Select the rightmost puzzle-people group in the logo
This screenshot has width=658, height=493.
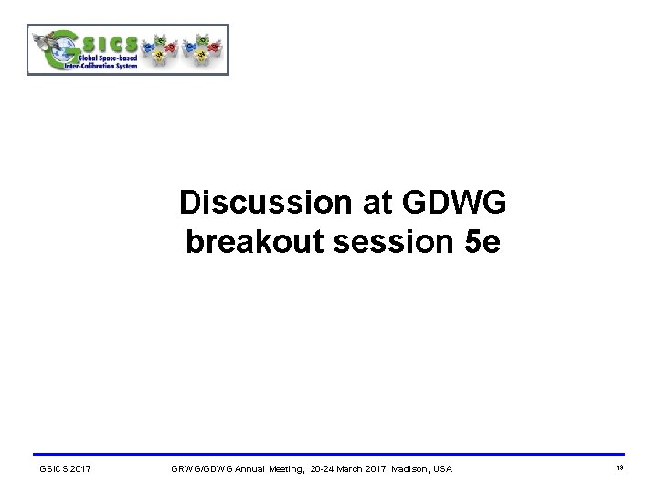point(199,50)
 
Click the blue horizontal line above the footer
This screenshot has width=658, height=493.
point(329,455)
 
